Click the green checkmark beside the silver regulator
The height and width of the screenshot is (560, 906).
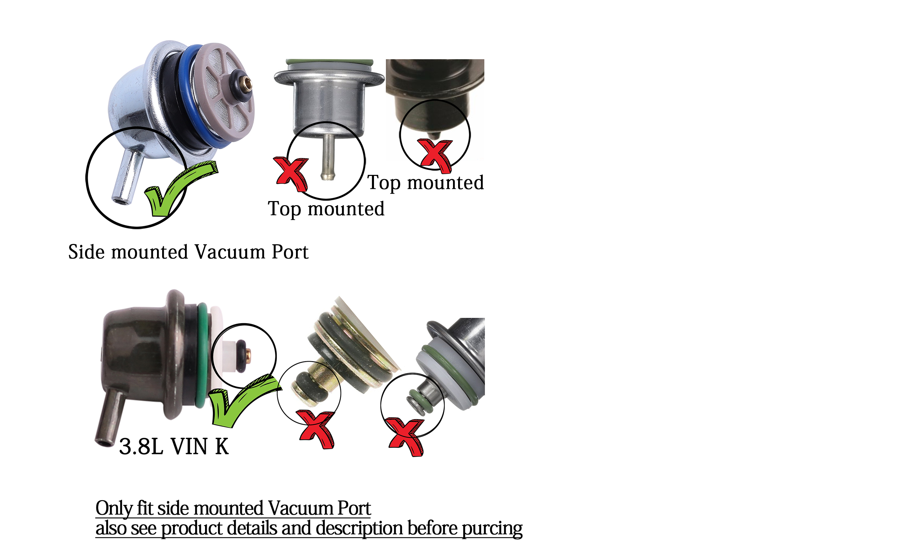pos(174,193)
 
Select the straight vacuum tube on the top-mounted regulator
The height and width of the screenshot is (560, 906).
pos(327,158)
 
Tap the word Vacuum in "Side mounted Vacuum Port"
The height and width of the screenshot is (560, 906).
pos(230,252)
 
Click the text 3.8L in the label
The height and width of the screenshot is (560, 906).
pos(141,447)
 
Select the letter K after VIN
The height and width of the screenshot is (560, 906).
pos(222,447)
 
